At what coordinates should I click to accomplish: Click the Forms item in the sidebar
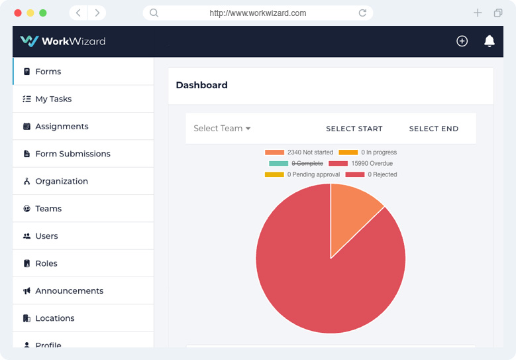pyautogui.click(x=48, y=72)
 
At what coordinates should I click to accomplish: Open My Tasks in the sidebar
pyautogui.click(x=53, y=99)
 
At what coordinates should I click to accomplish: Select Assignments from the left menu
pyautogui.click(x=61, y=127)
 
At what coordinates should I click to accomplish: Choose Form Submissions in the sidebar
pyautogui.click(x=72, y=154)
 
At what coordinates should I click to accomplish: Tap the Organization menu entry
pyautogui.click(x=61, y=181)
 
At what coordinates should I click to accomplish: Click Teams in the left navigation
pyautogui.click(x=48, y=209)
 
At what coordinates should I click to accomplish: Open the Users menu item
pyautogui.click(x=46, y=236)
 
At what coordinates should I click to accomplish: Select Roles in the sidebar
pyautogui.click(x=46, y=263)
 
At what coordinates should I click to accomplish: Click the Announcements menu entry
pyautogui.click(x=69, y=291)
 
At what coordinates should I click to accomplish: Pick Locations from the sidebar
pyautogui.click(x=54, y=318)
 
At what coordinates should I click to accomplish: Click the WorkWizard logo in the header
pyautogui.click(x=63, y=41)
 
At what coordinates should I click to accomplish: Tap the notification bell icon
pyautogui.click(x=490, y=41)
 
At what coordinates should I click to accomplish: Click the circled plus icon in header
pyautogui.click(x=462, y=41)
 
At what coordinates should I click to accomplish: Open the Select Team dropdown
pyautogui.click(x=222, y=129)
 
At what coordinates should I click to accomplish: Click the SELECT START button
pyautogui.click(x=354, y=129)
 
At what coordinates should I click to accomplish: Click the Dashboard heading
pyautogui.click(x=201, y=85)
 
